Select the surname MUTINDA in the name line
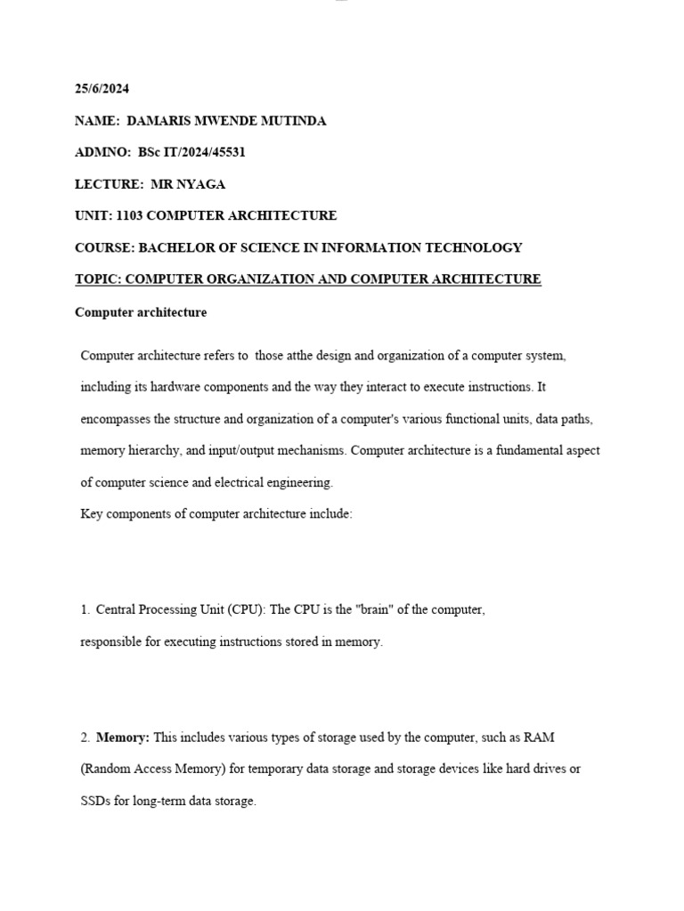pos(293,121)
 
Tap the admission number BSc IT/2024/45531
pos(191,152)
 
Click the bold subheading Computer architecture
pos(141,312)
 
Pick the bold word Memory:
pos(123,738)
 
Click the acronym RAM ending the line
pos(540,738)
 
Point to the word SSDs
pos(95,801)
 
